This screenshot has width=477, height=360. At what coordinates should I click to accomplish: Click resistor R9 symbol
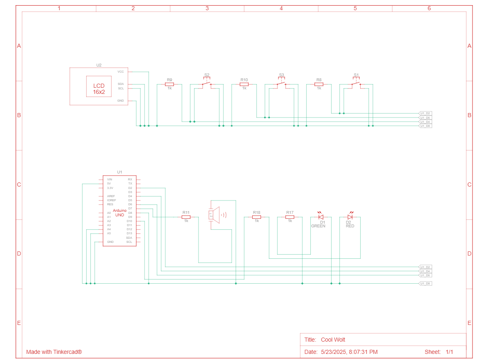point(169,84)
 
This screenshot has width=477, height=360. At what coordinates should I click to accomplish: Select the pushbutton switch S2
point(207,84)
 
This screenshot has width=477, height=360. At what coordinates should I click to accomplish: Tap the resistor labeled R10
point(244,84)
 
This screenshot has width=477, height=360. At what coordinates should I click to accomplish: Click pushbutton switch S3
point(281,84)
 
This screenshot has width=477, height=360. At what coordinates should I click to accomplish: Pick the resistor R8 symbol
point(319,84)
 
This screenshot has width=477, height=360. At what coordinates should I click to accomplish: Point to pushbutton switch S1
point(356,84)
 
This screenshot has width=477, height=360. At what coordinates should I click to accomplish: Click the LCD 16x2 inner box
point(99,87)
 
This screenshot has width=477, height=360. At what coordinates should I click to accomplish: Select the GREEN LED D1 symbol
point(321,217)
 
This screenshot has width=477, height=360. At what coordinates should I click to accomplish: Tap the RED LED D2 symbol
point(350,217)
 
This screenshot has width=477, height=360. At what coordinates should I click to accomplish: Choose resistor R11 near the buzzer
point(186,217)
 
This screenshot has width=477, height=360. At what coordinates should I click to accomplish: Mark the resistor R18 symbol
point(256,217)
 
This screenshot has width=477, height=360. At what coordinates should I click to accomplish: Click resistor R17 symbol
point(290,217)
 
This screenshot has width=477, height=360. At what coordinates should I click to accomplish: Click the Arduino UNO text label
point(120,213)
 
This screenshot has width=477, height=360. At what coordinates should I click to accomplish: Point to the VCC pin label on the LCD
point(120,72)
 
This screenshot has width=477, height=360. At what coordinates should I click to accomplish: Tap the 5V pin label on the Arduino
point(109,184)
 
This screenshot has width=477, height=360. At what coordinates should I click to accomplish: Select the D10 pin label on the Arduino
point(129,221)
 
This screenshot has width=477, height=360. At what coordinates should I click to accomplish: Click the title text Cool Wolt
point(333,340)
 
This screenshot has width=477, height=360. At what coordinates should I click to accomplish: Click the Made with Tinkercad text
point(54,352)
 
